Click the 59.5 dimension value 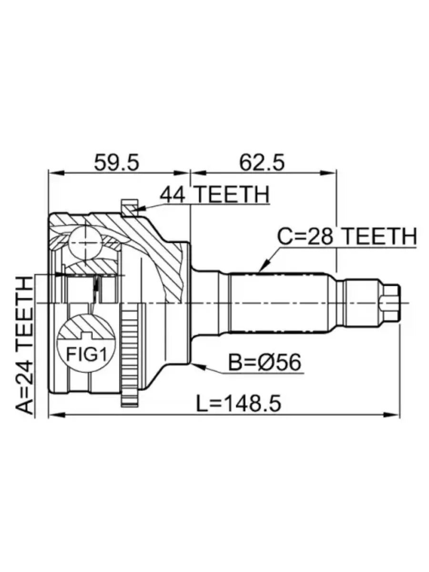pyautogui.click(x=117, y=163)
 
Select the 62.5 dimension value pyautogui.click(x=262, y=163)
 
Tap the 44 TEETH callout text pyautogui.click(x=214, y=194)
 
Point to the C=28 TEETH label pyautogui.click(x=347, y=236)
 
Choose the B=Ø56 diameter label pyautogui.click(x=265, y=362)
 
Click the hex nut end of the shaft pyautogui.click(x=390, y=303)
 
